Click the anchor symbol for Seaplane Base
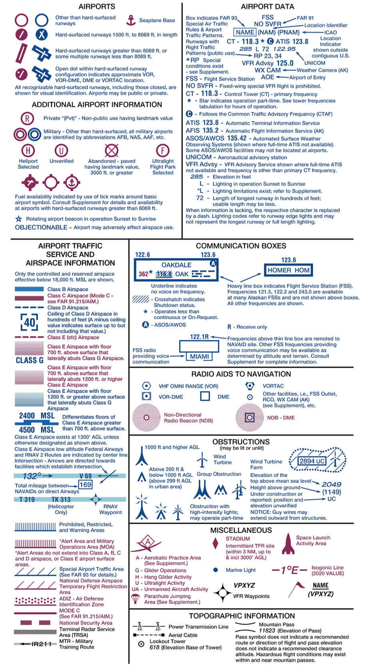tap(131, 20)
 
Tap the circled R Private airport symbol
tap(28, 118)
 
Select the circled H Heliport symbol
tap(28, 151)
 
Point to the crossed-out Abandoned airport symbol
tap(111, 151)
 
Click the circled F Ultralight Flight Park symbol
tap(163, 151)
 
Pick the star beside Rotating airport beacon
tap(19, 219)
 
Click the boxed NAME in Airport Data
tap(245, 32)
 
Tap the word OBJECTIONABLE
tap(41, 227)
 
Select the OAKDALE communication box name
tap(176, 265)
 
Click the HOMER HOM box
tap(288, 270)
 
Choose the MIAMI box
tap(199, 356)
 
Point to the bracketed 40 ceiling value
tap(30, 322)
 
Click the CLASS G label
tap(30, 360)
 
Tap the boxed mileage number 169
tap(85, 485)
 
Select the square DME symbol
tap(205, 396)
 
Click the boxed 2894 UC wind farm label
tap(312, 461)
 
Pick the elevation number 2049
tap(331, 484)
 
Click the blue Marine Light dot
tap(216, 570)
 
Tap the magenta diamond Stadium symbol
tap(216, 543)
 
